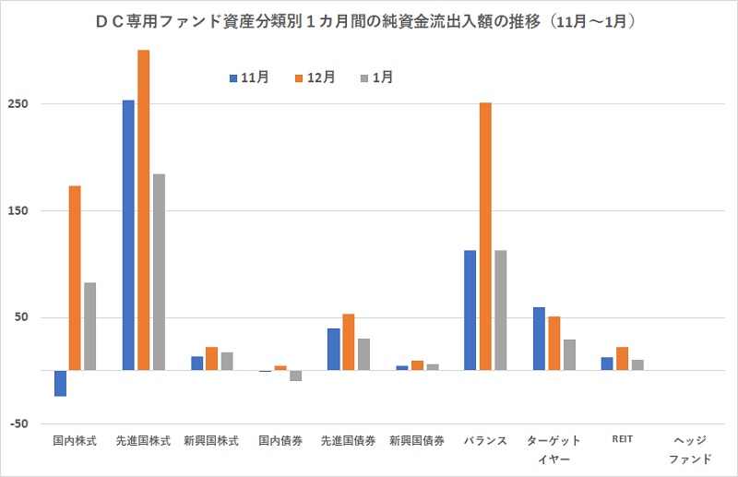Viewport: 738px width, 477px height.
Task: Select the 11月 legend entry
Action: coord(249,78)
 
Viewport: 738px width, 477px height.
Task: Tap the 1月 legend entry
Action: coord(377,78)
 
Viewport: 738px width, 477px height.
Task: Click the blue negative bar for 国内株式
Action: coord(61,383)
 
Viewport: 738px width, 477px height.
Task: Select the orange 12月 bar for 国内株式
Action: coord(75,278)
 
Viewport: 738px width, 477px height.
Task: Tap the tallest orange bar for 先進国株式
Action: coord(143,209)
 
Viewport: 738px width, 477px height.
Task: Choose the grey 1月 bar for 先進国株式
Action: coord(159,271)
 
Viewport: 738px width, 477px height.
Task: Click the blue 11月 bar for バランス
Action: coord(470,310)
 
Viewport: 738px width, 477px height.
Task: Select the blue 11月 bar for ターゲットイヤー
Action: coord(539,339)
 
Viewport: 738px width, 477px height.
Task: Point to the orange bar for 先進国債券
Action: coord(349,342)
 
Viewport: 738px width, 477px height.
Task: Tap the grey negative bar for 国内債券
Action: coord(295,376)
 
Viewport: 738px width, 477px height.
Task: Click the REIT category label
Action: coord(622,440)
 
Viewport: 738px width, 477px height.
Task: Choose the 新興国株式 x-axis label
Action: coord(211,441)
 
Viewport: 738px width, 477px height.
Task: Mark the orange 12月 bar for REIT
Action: coord(622,359)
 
